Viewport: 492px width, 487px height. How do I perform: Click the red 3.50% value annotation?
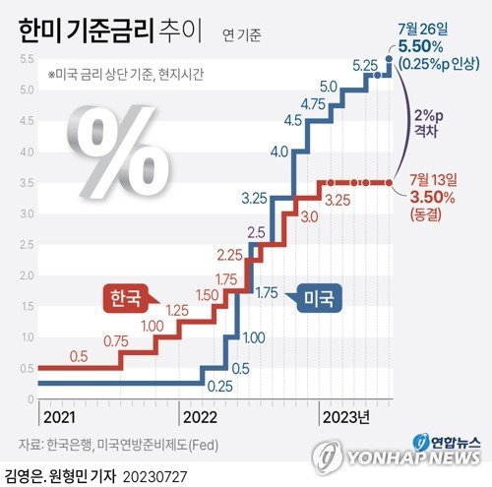(x=432, y=197)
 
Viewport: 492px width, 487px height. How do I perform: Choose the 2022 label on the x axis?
(x=199, y=416)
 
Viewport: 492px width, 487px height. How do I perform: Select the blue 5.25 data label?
(x=366, y=67)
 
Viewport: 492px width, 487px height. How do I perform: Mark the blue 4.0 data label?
(x=277, y=152)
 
